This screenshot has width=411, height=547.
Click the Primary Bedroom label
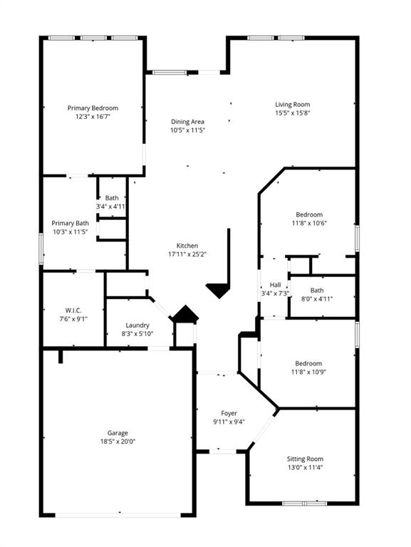(x=93, y=108)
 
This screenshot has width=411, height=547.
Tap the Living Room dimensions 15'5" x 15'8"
(x=292, y=113)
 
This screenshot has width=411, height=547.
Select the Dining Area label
(x=187, y=122)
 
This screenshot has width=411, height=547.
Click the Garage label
(x=118, y=432)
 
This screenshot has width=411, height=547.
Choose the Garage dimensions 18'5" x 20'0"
(x=118, y=441)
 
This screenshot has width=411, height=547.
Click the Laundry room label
(x=137, y=325)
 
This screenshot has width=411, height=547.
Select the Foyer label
(x=229, y=413)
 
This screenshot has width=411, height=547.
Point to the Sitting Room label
(x=305, y=459)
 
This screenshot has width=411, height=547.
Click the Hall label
(x=274, y=284)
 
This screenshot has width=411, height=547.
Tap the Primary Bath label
(x=70, y=223)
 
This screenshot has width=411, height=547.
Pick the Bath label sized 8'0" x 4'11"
(x=316, y=290)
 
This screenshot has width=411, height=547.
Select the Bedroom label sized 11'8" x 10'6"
(x=309, y=214)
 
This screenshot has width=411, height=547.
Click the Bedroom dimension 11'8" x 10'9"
(x=309, y=372)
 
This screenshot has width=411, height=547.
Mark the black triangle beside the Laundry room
(x=186, y=314)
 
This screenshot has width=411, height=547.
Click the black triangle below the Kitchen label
(x=219, y=290)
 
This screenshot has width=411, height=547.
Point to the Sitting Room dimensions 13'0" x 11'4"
(x=305, y=467)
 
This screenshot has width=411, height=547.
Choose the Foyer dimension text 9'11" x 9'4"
(x=229, y=422)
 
